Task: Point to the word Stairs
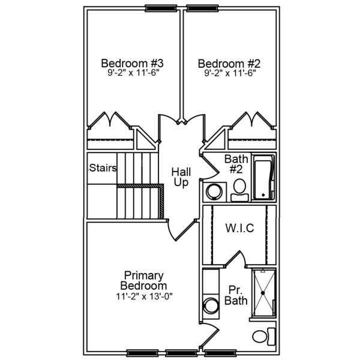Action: [102, 167]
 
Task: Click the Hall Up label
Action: [181, 176]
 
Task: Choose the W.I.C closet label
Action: [239, 228]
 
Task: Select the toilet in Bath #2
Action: [238, 188]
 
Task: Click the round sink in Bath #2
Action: [213, 191]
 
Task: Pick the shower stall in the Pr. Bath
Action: [263, 292]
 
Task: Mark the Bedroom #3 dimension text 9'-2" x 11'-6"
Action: [133, 73]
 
